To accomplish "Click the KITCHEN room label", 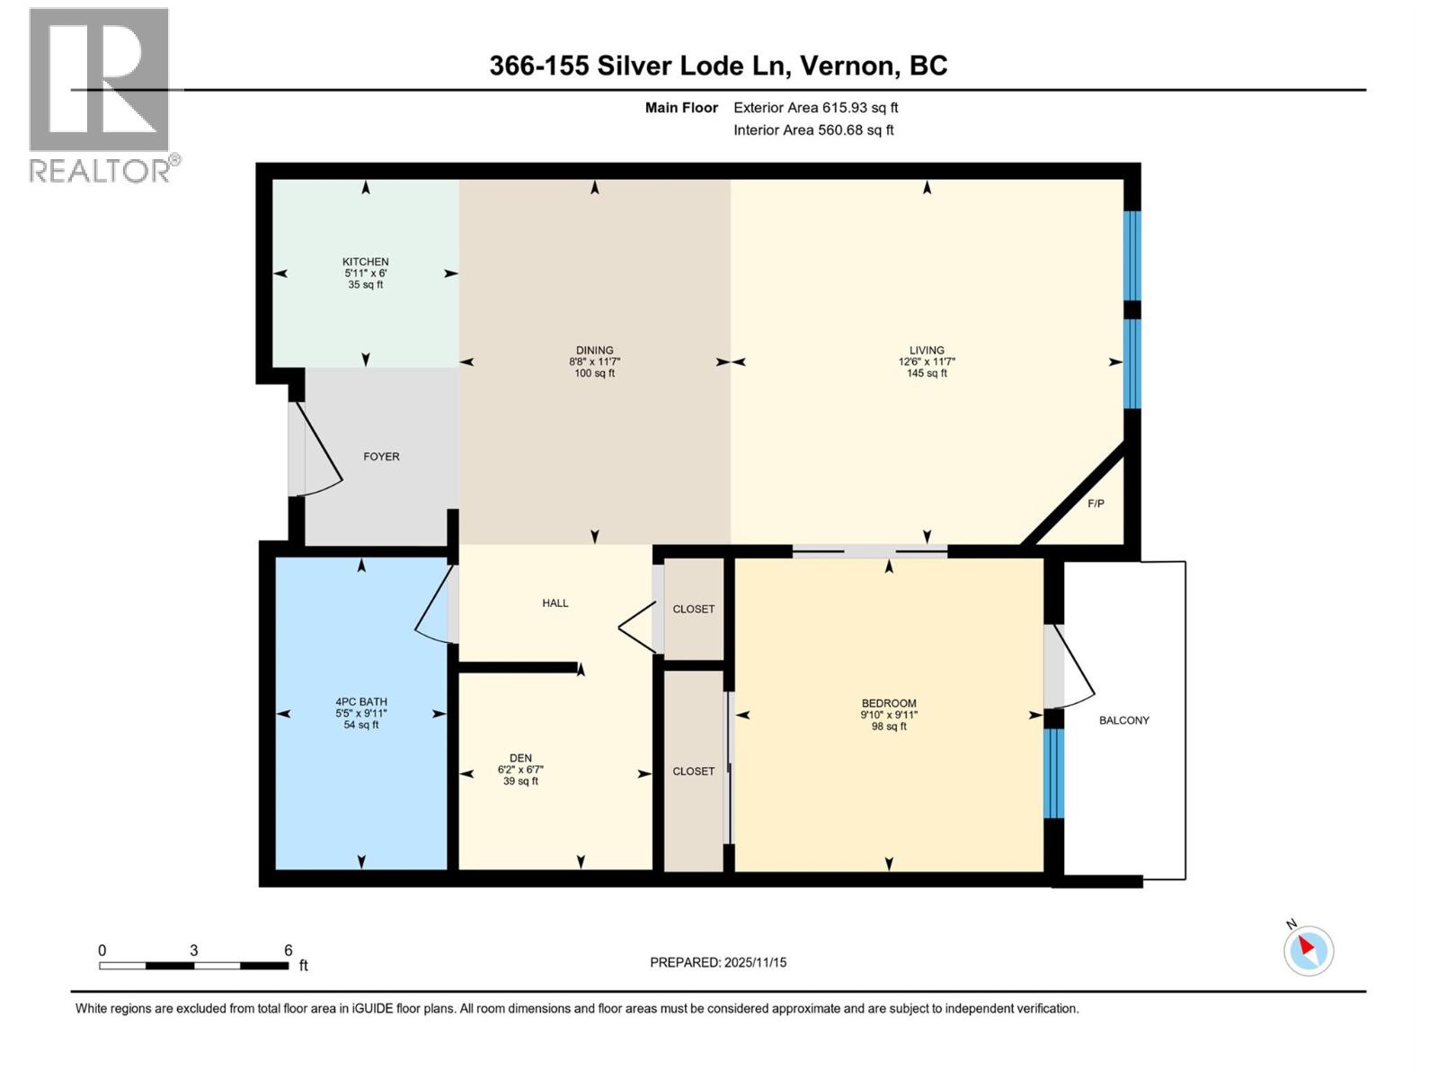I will point(365,262).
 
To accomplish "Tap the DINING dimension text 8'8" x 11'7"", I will point(594,362).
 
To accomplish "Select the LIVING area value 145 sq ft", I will point(927,374).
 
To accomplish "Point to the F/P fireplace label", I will point(1096,504).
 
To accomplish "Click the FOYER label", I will point(381,457).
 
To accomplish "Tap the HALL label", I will point(555,603).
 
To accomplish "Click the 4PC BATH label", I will point(361,702).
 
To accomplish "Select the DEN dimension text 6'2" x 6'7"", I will point(520,770).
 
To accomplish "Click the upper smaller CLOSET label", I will point(694,609).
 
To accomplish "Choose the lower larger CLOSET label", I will point(694,771).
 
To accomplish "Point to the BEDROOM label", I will point(889,703).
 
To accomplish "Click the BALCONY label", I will point(1123,720).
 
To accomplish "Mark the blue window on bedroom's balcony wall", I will point(1052,772).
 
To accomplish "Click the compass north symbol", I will point(1308,950).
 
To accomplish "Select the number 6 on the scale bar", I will point(288,950).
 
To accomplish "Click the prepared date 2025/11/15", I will point(754,962).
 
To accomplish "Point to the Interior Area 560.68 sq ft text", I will point(813,129).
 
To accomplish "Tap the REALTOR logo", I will point(100,94).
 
